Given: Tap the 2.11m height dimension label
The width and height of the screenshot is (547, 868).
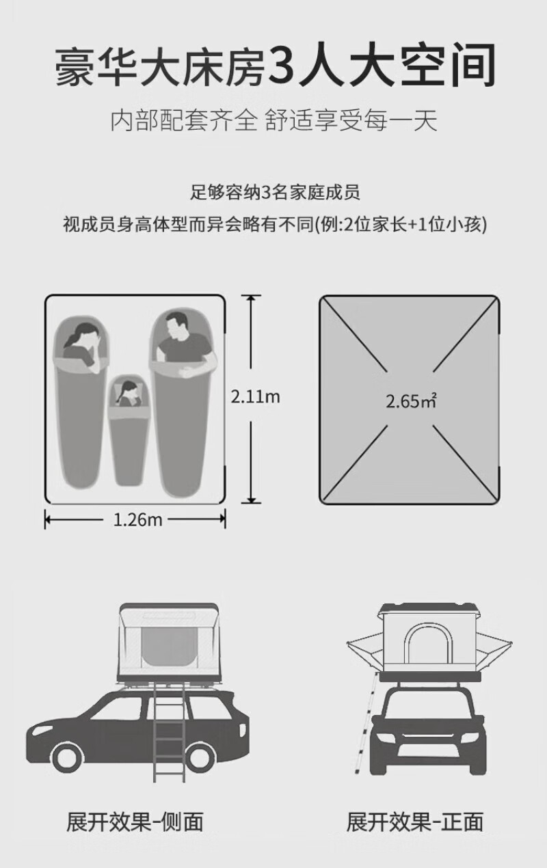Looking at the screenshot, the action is click(255, 397).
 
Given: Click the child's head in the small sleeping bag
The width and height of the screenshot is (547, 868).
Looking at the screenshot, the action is click(128, 392).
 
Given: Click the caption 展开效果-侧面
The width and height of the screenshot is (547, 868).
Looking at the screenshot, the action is click(135, 821).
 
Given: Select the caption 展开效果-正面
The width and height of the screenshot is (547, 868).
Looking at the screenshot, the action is click(414, 821).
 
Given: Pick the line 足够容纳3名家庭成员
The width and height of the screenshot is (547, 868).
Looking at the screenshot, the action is click(275, 192).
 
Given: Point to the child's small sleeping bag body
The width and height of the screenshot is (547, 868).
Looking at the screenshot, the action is click(129, 444).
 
